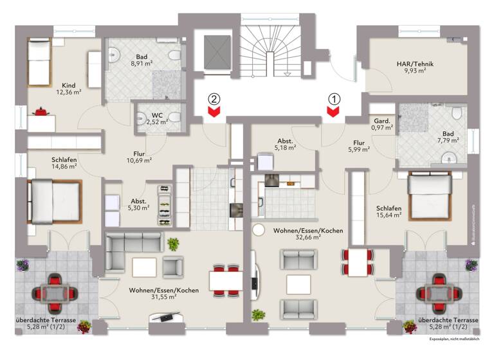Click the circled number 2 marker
tap(214, 99)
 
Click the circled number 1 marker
tap(333, 99)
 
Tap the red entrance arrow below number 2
tap(214, 113)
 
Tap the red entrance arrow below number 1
tap(333, 113)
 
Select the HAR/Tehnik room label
tap(415, 67)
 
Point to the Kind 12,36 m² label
tap(68, 89)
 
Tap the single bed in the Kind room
tap(38, 62)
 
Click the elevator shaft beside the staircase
tap(217, 50)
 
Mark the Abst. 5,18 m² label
tap(286, 144)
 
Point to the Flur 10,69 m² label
tap(138, 157)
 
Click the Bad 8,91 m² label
tap(141, 60)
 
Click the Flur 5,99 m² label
tap(359, 146)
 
